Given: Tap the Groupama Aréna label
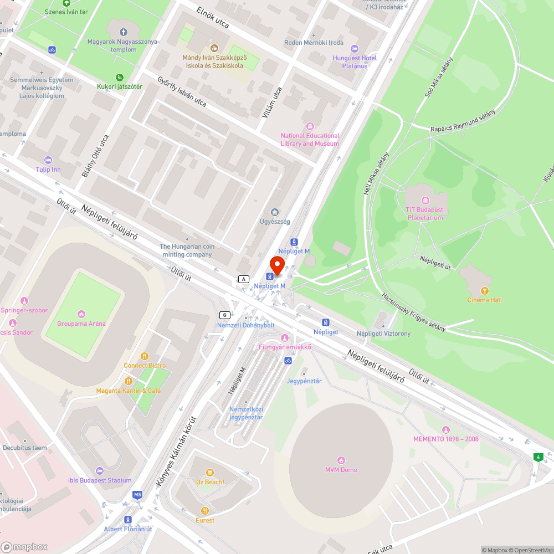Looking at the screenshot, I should (x=81, y=324).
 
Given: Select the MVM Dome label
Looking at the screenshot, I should (x=341, y=470).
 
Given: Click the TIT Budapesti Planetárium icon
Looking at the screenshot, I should (x=425, y=200).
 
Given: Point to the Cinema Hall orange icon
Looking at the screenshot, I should (x=485, y=290).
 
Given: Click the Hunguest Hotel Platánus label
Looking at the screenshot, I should (x=355, y=62).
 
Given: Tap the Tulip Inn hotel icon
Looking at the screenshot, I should (x=48, y=160).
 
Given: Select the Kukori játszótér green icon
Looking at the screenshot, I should (x=119, y=78).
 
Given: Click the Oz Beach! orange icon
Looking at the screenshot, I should (x=210, y=473).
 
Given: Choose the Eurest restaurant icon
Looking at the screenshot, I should (x=205, y=511).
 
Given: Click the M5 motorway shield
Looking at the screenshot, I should (x=137, y=494).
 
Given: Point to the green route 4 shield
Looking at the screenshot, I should (x=537, y=457).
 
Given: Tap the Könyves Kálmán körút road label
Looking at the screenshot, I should (x=176, y=452).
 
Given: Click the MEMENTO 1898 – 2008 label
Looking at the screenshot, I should (x=446, y=439).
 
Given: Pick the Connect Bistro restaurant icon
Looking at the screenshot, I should (x=145, y=356).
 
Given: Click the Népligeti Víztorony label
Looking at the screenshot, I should (x=383, y=334).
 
